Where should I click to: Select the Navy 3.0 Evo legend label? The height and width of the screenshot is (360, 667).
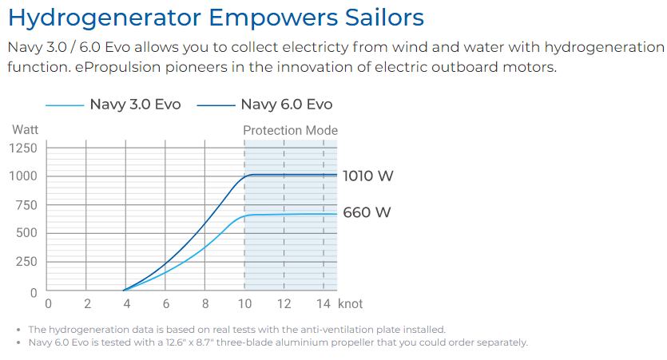tap(135, 105)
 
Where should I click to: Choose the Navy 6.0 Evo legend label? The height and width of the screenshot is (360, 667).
tap(286, 105)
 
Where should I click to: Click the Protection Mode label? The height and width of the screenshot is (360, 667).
tap(290, 130)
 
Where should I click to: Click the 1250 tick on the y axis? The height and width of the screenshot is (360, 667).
tap(23, 148)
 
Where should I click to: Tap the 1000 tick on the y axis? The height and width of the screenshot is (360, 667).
tap(23, 176)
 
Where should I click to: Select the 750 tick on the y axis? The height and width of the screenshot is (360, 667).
tap(26, 205)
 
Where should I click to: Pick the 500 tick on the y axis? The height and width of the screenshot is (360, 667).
tap(26, 233)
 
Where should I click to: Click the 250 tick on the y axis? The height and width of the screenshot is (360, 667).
tap(26, 262)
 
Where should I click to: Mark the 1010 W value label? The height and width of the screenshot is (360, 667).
tap(367, 176)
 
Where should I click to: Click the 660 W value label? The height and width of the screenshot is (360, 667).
tap(367, 212)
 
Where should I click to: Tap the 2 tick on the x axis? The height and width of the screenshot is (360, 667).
tap(87, 304)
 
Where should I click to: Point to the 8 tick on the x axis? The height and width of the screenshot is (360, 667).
tap(205, 304)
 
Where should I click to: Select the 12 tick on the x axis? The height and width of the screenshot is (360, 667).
tap(284, 304)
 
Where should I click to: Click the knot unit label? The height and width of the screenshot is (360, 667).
tap(350, 304)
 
